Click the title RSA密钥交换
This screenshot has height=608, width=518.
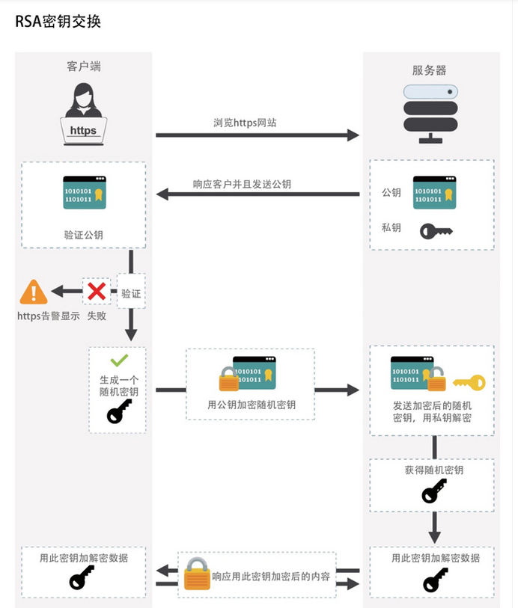(x=58, y=22)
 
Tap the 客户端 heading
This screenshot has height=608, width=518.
(x=84, y=67)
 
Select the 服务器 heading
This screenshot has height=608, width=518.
(x=429, y=70)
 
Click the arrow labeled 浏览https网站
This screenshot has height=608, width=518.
(x=258, y=135)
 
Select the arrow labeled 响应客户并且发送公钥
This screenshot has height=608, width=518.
(x=258, y=194)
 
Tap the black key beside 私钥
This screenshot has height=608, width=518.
(x=436, y=231)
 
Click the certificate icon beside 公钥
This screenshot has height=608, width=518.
(x=434, y=192)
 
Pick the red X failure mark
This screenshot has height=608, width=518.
(x=97, y=292)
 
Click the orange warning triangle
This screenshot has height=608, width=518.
(x=33, y=292)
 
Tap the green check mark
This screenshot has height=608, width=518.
(x=119, y=360)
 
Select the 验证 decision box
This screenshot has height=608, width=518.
(x=131, y=293)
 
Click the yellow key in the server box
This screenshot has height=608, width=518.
(x=468, y=383)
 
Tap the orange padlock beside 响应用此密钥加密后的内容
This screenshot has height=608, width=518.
(x=196, y=576)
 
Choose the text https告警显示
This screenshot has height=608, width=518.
(x=49, y=316)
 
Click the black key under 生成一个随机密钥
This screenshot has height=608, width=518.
(x=119, y=411)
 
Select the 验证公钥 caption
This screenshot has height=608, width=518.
(x=84, y=235)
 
